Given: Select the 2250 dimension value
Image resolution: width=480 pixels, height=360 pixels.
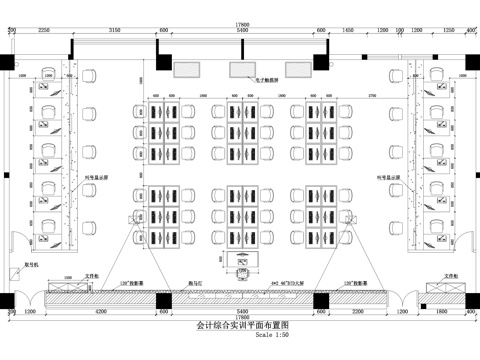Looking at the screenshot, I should (43, 31).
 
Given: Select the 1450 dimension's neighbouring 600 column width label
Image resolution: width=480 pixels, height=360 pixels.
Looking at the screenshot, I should (323, 31).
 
